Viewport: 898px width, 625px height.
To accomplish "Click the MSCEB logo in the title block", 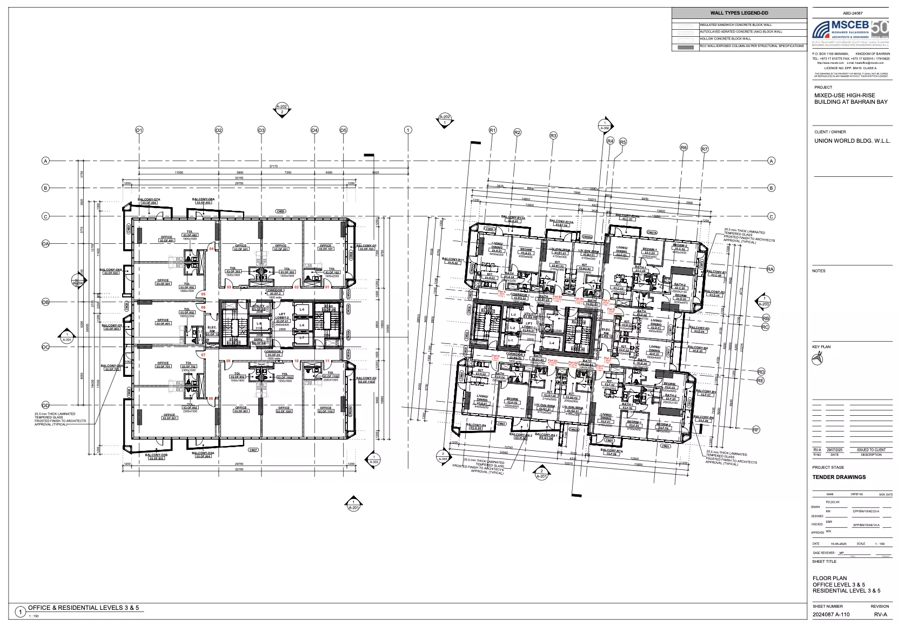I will [850, 31].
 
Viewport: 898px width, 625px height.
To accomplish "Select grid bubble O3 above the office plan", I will [261, 130].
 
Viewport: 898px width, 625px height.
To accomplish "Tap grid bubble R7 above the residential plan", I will [704, 149].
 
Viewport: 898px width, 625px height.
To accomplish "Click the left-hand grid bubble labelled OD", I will [46, 405].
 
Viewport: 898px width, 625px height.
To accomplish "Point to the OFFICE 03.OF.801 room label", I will [169, 416].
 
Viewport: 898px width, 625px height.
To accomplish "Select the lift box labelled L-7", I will [302, 338].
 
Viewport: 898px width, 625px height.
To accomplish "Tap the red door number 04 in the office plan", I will [212, 248].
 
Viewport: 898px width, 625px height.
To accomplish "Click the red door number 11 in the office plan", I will [327, 361].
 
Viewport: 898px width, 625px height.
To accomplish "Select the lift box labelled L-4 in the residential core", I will [551, 343].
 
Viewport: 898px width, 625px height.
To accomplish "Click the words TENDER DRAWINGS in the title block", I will [839, 477].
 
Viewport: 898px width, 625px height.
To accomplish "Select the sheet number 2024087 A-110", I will [831, 614].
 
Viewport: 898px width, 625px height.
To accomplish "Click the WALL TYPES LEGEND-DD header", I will [739, 13].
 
